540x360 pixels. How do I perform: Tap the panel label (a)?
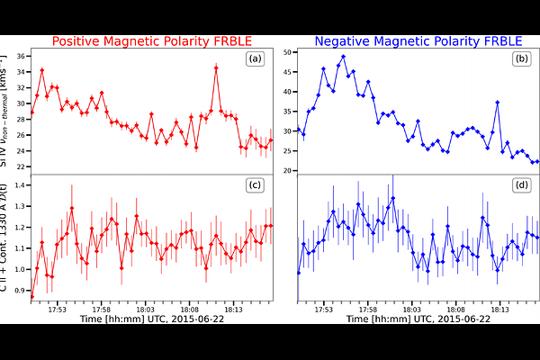[255, 60]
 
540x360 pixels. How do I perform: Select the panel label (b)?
[520, 60]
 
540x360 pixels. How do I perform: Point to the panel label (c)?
[255, 186]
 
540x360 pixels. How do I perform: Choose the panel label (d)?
[520, 186]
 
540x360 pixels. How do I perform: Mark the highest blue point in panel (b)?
[343, 57]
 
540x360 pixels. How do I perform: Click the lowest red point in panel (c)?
[32, 295]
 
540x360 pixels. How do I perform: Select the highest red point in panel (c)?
[72, 209]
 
